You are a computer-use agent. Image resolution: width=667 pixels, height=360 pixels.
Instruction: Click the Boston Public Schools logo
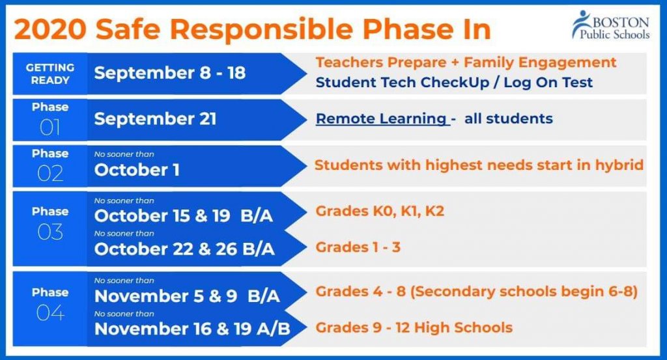(x=611, y=25)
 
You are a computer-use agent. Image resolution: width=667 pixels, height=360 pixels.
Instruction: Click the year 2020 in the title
(x=50, y=29)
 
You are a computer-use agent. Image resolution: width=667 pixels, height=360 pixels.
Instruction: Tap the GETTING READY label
(x=50, y=74)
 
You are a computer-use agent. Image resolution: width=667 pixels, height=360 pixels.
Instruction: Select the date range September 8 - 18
(x=170, y=73)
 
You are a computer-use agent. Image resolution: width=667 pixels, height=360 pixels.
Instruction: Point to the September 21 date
(x=155, y=119)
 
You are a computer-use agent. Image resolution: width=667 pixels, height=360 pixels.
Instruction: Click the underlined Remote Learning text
(x=382, y=118)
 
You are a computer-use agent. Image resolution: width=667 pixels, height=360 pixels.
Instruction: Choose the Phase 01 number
(x=50, y=128)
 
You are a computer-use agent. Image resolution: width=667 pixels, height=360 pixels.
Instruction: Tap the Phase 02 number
(x=50, y=173)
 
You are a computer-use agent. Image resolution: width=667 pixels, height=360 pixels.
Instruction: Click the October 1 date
(x=137, y=170)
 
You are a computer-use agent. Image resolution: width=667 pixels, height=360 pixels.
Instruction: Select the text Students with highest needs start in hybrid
(x=479, y=165)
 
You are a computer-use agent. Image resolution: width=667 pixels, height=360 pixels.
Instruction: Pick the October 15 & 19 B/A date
(x=183, y=216)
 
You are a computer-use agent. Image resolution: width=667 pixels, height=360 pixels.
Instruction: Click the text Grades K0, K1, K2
(x=380, y=211)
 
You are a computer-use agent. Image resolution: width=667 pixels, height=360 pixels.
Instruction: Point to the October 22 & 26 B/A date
(x=184, y=249)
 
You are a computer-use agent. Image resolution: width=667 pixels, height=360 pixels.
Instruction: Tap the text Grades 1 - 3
(x=358, y=247)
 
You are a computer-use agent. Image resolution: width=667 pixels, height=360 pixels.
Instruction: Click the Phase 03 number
(x=50, y=232)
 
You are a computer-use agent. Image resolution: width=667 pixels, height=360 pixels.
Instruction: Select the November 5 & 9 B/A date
(x=187, y=296)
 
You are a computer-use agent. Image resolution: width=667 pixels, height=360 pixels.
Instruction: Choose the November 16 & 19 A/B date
(x=192, y=329)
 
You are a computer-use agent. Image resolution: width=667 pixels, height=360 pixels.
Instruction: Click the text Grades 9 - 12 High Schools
(x=414, y=327)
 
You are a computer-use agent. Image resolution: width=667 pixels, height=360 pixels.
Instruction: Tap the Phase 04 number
(x=50, y=313)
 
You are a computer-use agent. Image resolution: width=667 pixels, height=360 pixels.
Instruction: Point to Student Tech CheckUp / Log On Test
(x=454, y=83)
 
